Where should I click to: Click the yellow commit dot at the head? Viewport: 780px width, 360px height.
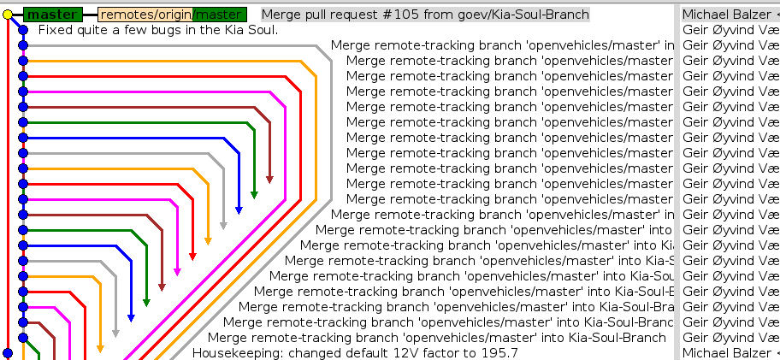click(8, 15)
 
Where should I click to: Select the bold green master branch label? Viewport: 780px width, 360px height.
click(51, 15)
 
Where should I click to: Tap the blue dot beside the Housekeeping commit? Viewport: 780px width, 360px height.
click(8, 352)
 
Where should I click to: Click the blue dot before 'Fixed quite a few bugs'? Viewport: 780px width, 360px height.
click(23, 30)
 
